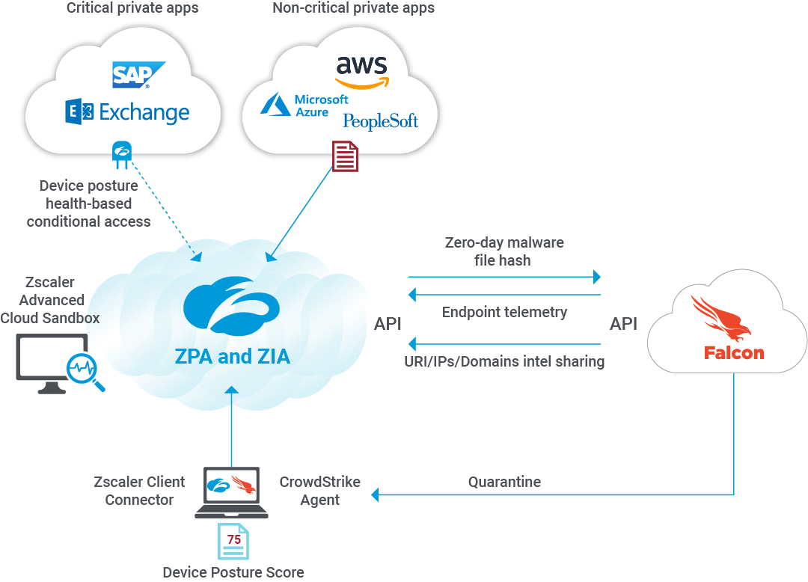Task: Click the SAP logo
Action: (x=138, y=75)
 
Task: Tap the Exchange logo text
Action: (x=127, y=113)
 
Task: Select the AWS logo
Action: (x=362, y=71)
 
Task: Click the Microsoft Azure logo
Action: (x=304, y=105)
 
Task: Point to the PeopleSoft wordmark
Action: (x=380, y=121)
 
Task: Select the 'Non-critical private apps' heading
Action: (x=353, y=9)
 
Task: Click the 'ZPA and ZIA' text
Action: (x=232, y=357)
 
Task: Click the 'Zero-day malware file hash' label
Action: (x=504, y=251)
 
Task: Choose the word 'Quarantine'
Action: (x=504, y=482)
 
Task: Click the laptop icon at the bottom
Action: (x=231, y=492)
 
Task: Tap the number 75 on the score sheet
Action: (x=233, y=539)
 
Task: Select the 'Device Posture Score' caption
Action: (x=233, y=572)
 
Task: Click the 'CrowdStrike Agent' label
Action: (x=319, y=491)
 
